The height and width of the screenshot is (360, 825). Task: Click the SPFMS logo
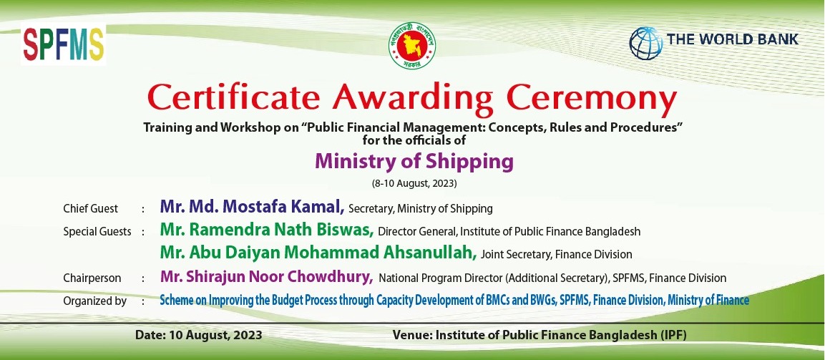tap(63, 45)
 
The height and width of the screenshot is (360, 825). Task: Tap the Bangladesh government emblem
tap(412, 45)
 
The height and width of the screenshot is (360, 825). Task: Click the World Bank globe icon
tap(646, 43)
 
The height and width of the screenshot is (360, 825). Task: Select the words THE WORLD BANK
tap(733, 39)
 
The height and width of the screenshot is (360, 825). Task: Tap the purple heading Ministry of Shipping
tap(414, 162)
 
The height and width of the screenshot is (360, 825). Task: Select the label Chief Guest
tap(90, 208)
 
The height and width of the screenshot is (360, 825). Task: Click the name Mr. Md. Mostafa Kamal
tap(252, 207)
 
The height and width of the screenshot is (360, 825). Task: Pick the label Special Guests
tap(97, 232)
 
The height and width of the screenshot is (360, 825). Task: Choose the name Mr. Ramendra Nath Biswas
tap(267, 230)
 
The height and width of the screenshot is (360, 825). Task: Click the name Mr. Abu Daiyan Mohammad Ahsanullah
tap(318, 253)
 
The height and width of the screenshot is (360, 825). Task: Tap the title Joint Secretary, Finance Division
tap(557, 255)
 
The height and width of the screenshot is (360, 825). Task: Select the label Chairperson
tap(92, 278)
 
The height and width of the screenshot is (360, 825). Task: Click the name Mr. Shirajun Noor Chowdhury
tap(267, 277)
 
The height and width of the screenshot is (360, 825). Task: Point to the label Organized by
tap(94, 301)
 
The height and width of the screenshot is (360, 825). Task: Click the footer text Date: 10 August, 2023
tap(198, 335)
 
